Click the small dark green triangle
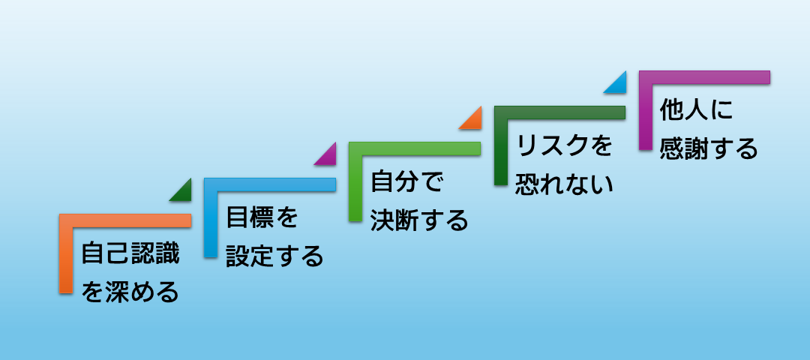pyautogui.click(x=184, y=193)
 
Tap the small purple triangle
pyautogui.click(x=329, y=157)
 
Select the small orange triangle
pyautogui.click(x=474, y=122)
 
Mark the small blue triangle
pyautogui.click(x=619, y=85)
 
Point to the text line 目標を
pyautogui.click(x=262, y=217)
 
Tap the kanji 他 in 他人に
pyautogui.click(x=672, y=110)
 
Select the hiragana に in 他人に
pyautogui.click(x=721, y=110)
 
